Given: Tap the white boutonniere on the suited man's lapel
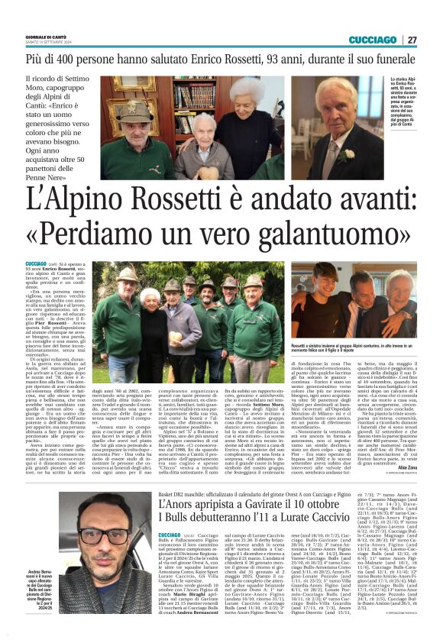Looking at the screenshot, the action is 350,153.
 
